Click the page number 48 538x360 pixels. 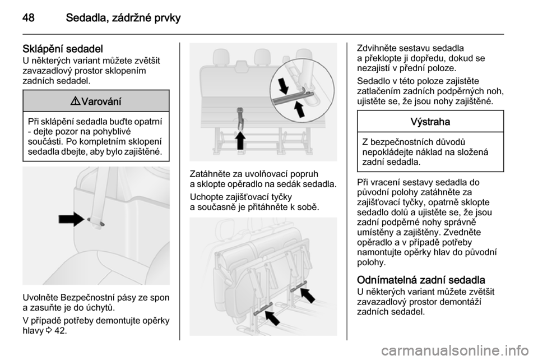pos(29,18)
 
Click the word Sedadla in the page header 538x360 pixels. pos(86,18)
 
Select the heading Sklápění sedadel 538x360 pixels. pos(63,49)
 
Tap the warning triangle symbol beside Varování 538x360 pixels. pos(77,101)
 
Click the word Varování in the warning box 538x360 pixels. pos(101,101)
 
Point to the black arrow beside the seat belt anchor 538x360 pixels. pos(71,219)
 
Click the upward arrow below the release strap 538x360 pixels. pos(240,140)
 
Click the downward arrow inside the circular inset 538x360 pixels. pos(284,85)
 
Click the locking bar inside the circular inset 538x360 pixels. pos(293,96)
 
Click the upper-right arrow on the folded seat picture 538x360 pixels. pos(307,295)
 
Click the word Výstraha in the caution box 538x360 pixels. pos(430,122)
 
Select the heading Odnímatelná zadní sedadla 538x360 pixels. pos(421,280)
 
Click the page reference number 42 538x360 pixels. pos(61,331)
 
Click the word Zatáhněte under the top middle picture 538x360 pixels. pos(209,174)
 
